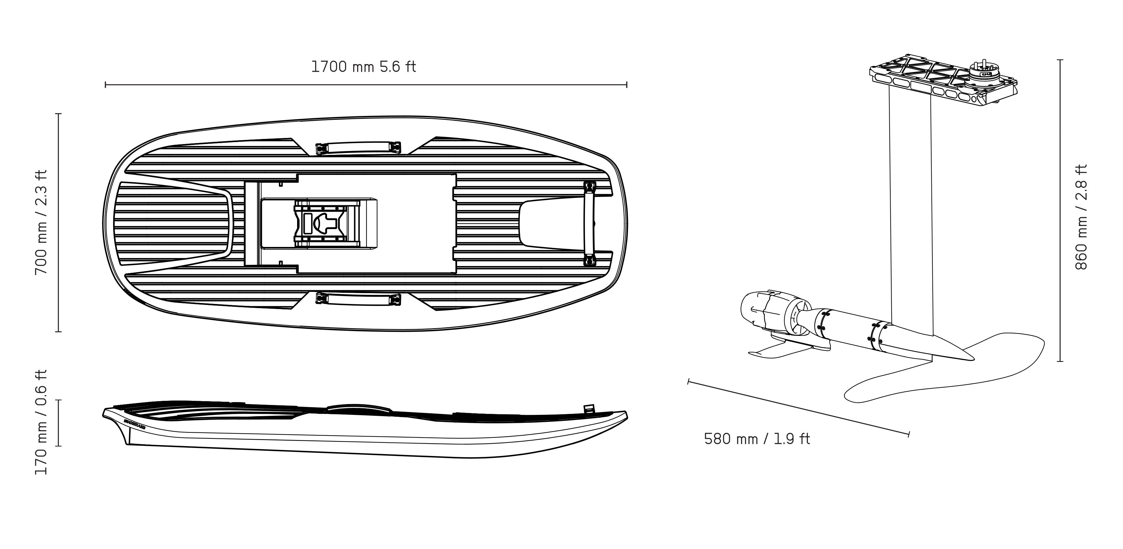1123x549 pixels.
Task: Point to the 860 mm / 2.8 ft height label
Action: [1081, 217]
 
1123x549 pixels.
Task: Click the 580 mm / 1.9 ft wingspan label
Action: [757, 439]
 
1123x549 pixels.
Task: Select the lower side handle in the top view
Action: [358, 299]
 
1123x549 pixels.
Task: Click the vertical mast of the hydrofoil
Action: [911, 209]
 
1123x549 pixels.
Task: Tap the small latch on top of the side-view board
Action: [589, 409]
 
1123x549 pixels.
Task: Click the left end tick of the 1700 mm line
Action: [106, 84]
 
